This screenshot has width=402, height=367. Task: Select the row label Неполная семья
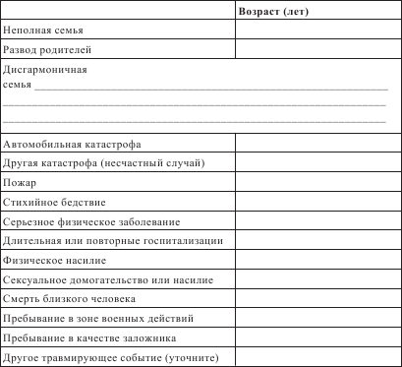[44, 31]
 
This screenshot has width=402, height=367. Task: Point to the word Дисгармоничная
[46, 71]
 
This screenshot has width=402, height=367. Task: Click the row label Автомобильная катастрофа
[72, 144]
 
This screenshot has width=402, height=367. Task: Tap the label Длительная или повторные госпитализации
[113, 240]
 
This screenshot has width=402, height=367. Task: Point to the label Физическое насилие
[55, 260]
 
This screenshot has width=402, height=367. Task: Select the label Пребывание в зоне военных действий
[105, 318]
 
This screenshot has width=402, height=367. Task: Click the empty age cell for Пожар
[317, 182]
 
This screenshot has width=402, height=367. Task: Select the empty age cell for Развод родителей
[317, 49]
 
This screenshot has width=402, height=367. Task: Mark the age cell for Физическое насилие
[317, 260]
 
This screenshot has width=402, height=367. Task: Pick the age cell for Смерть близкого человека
[317, 298]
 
